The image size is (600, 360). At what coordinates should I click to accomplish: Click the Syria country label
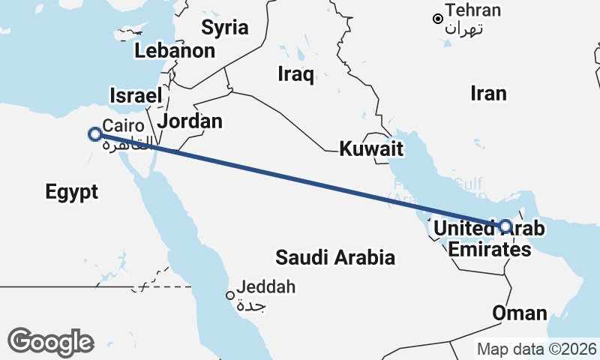coord(225,28)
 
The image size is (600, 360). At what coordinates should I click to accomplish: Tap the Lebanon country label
coord(175,51)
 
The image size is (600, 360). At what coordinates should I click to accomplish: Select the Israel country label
coord(136,96)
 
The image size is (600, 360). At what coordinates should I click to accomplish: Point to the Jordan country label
coord(191,121)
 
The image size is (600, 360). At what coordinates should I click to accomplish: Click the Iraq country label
coord(295,73)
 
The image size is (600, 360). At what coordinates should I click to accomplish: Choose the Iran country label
coord(488,93)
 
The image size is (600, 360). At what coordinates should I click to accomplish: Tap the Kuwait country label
coord(371,148)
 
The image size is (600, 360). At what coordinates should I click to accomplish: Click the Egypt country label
coord(72,192)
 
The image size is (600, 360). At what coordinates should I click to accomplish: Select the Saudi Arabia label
coord(334,258)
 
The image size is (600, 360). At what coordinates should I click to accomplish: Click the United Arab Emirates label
coord(490,238)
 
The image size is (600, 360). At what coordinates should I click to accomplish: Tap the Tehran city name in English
coord(472,10)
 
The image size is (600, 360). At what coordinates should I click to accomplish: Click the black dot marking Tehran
coord(438,19)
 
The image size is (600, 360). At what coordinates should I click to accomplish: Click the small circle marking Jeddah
coord(231,295)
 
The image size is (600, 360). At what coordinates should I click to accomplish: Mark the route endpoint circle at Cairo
coord(95,134)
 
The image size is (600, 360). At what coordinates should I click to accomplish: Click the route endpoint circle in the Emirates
coord(505,226)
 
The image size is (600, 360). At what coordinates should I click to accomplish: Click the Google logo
coord(51,341)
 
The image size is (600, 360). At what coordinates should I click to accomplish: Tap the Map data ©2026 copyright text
coord(537,349)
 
